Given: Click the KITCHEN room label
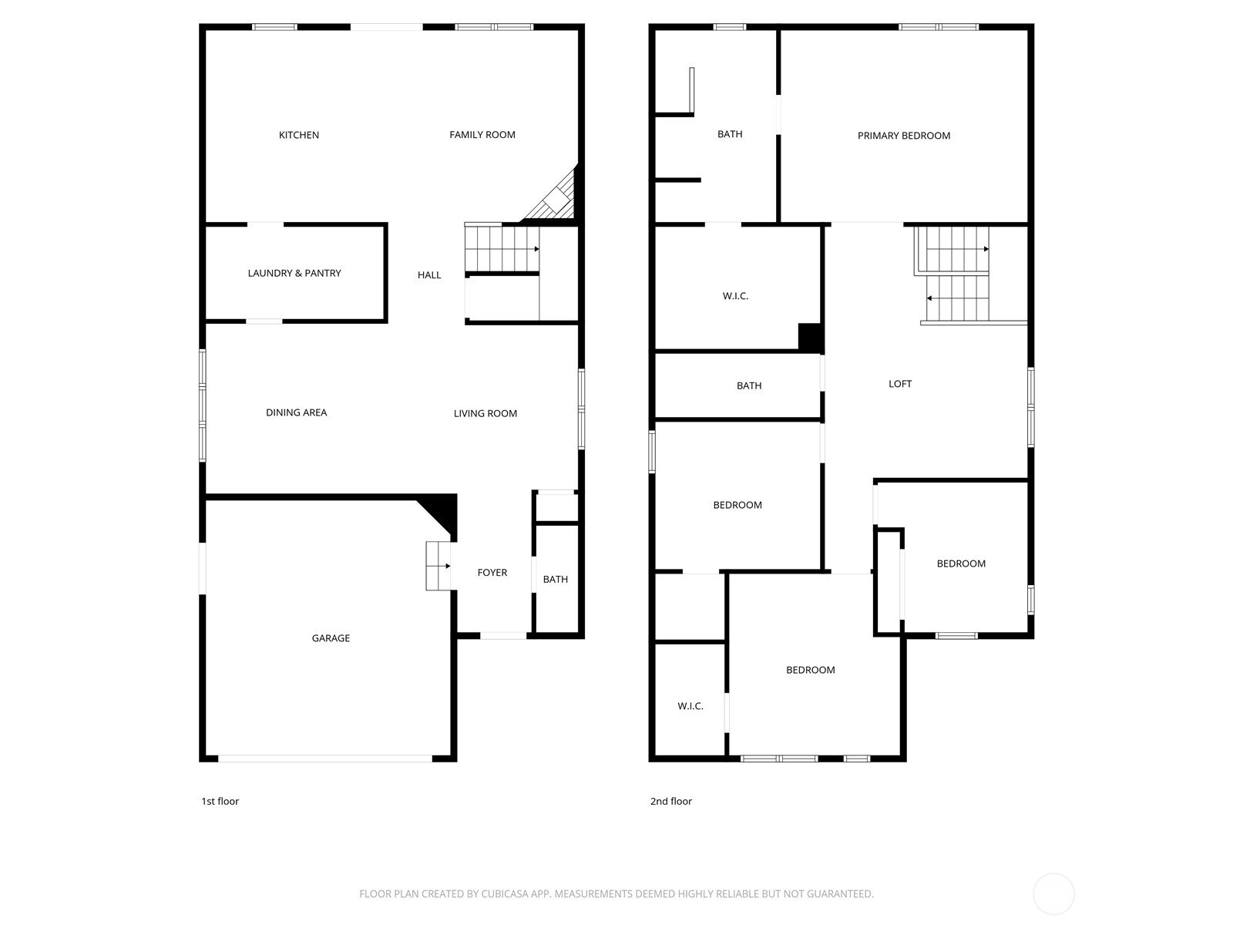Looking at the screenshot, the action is (299, 135).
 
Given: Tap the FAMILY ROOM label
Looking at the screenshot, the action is (482, 135).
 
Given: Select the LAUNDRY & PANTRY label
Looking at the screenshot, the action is (294, 273).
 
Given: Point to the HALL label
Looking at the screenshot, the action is (429, 274).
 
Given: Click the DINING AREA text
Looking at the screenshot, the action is (296, 412).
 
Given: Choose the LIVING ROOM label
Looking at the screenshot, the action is (485, 413).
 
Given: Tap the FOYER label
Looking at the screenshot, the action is (492, 572).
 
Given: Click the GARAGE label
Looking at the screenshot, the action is (331, 638).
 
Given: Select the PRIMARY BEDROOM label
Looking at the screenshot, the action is (904, 136).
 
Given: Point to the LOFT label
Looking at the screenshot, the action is (900, 384).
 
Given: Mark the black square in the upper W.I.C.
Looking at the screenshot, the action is (810, 337).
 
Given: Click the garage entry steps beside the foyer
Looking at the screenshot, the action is (438, 566).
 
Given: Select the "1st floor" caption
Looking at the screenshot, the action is (220, 802).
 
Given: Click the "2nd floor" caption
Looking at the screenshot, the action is (670, 802).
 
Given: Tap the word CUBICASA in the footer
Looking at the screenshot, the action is (505, 893).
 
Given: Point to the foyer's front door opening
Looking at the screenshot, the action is (503, 636).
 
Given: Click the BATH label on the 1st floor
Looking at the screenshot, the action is (555, 579).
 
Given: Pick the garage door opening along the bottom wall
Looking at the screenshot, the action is (325, 758).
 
